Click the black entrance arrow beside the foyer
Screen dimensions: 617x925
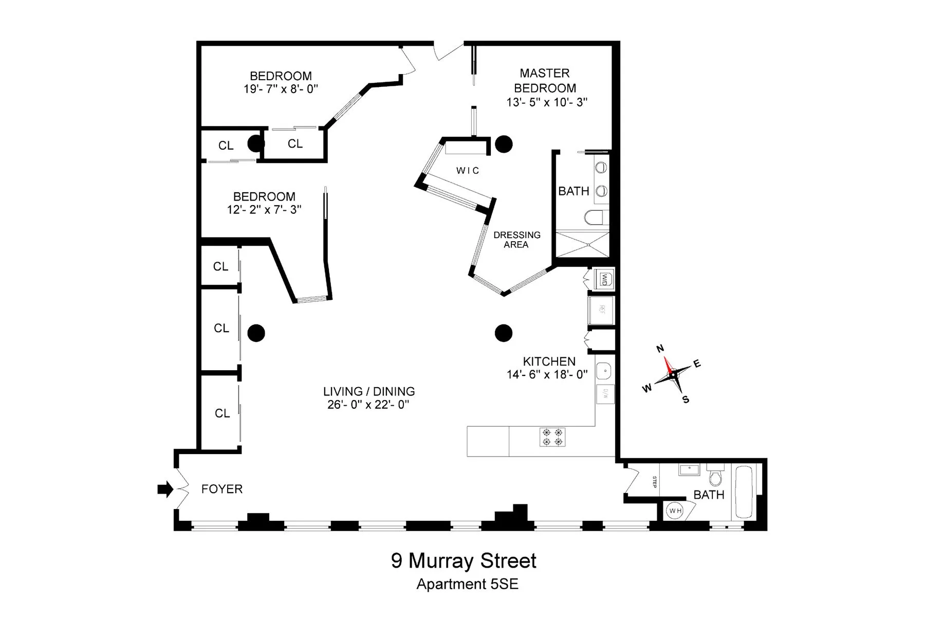pos(165,489)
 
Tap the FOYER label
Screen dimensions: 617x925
pos(221,489)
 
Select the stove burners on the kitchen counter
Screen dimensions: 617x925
pos(552,437)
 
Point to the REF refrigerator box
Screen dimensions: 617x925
pos(602,310)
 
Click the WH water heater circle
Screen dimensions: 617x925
pos(674,511)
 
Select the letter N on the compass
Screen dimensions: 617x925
pos(661,349)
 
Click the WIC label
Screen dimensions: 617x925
pos(468,171)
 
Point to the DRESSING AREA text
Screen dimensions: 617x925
pos(516,240)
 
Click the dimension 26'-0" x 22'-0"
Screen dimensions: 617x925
pos(368,405)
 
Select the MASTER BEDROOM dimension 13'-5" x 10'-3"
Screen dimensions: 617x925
pos(546,102)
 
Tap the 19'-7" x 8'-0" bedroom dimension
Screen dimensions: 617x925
pos(281,89)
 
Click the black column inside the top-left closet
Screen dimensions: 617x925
pos(255,143)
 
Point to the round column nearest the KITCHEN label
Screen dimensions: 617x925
pos(504,333)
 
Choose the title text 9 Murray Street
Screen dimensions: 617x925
pos(464,560)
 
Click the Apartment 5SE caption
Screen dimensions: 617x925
pos(467,585)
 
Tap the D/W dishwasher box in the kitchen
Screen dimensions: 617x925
pos(605,394)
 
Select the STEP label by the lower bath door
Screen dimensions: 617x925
pos(654,482)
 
